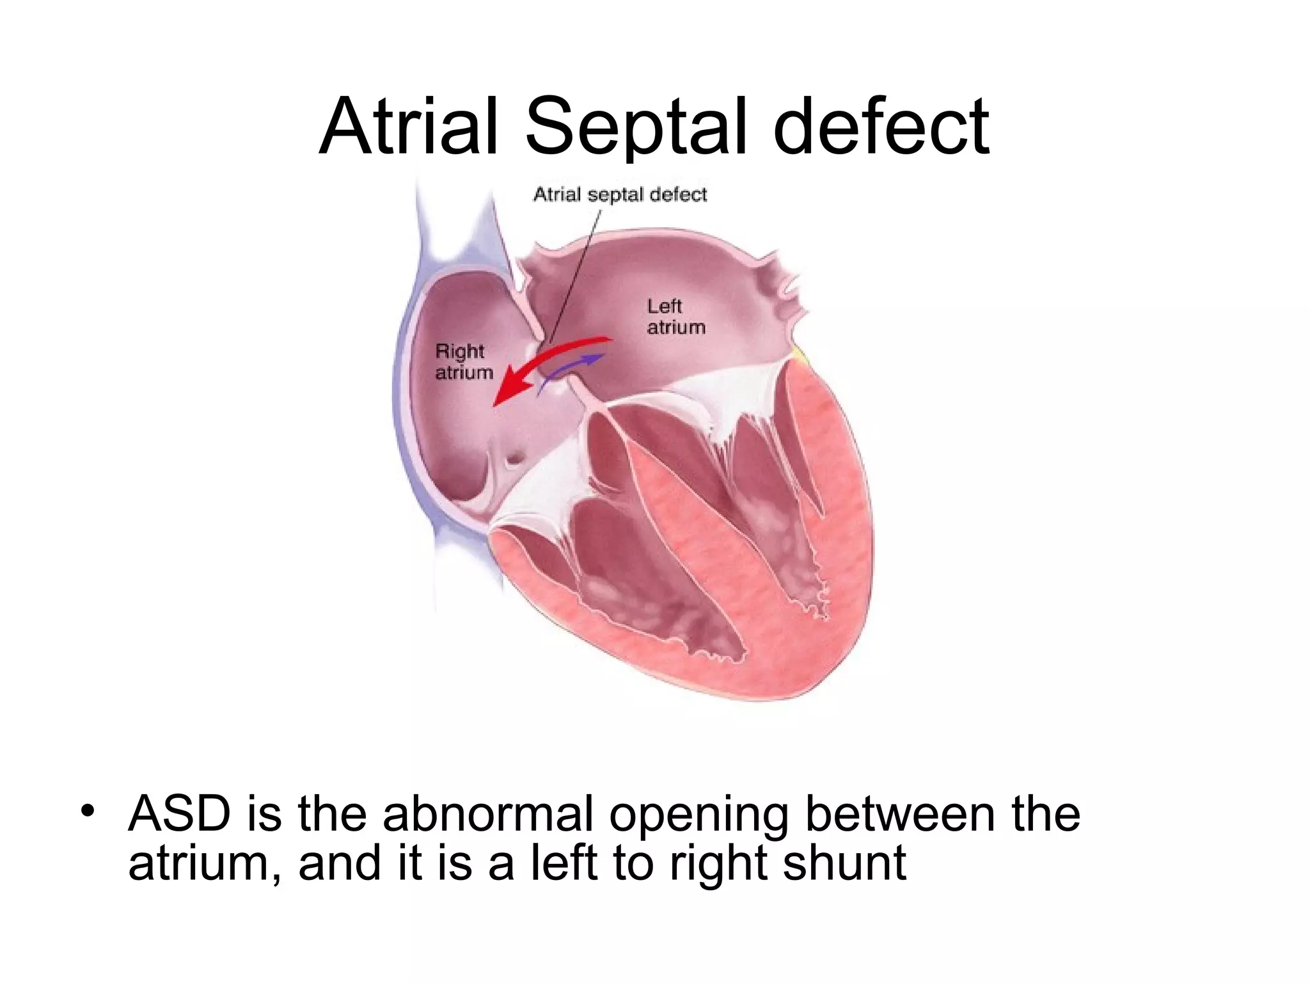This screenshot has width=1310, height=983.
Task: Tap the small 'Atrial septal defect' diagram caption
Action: point(620,194)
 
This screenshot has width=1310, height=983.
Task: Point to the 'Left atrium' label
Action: point(675,317)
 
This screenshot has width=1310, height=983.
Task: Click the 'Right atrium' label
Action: point(464,362)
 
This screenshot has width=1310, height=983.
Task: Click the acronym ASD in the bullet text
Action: point(178,814)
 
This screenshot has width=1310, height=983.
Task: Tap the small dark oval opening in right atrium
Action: point(515,459)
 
